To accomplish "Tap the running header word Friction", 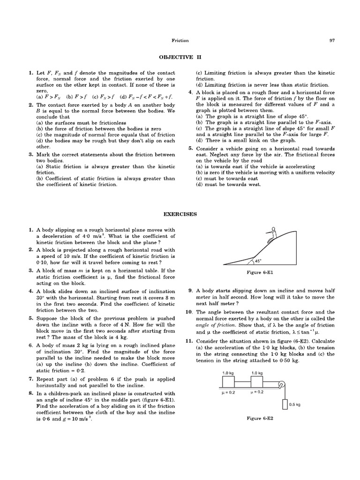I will coord(180,41).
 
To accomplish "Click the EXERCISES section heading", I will coord(180,214).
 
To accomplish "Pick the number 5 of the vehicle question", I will coord(191,148).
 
